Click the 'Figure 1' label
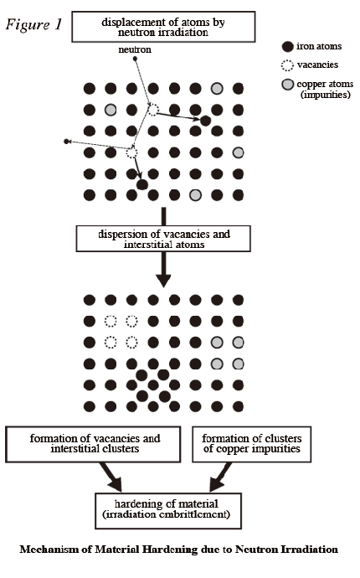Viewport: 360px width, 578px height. click(x=33, y=24)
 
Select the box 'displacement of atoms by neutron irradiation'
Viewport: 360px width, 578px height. click(x=163, y=27)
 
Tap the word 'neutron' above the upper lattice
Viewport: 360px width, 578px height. click(x=135, y=49)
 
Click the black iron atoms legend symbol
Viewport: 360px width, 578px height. click(x=287, y=46)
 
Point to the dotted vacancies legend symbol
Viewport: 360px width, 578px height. click(x=287, y=65)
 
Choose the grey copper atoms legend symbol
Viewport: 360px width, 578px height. click(x=287, y=85)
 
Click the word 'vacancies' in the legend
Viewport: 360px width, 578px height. click(x=317, y=65)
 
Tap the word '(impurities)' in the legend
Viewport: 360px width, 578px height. click(x=326, y=95)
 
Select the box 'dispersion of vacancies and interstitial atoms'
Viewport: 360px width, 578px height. click(x=163, y=239)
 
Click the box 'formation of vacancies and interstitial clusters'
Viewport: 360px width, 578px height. click(x=93, y=444)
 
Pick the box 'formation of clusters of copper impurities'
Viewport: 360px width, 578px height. click(x=252, y=444)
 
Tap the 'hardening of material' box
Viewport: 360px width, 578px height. click(x=168, y=511)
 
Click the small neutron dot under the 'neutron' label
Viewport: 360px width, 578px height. click(x=136, y=59)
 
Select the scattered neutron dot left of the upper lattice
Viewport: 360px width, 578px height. click(x=66, y=142)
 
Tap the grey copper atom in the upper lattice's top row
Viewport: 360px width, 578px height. click(x=217, y=89)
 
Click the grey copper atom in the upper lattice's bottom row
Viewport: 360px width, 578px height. click(x=196, y=195)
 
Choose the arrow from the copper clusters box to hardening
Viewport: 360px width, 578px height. click(x=221, y=477)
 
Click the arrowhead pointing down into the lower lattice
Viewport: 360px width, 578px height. click(x=163, y=281)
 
